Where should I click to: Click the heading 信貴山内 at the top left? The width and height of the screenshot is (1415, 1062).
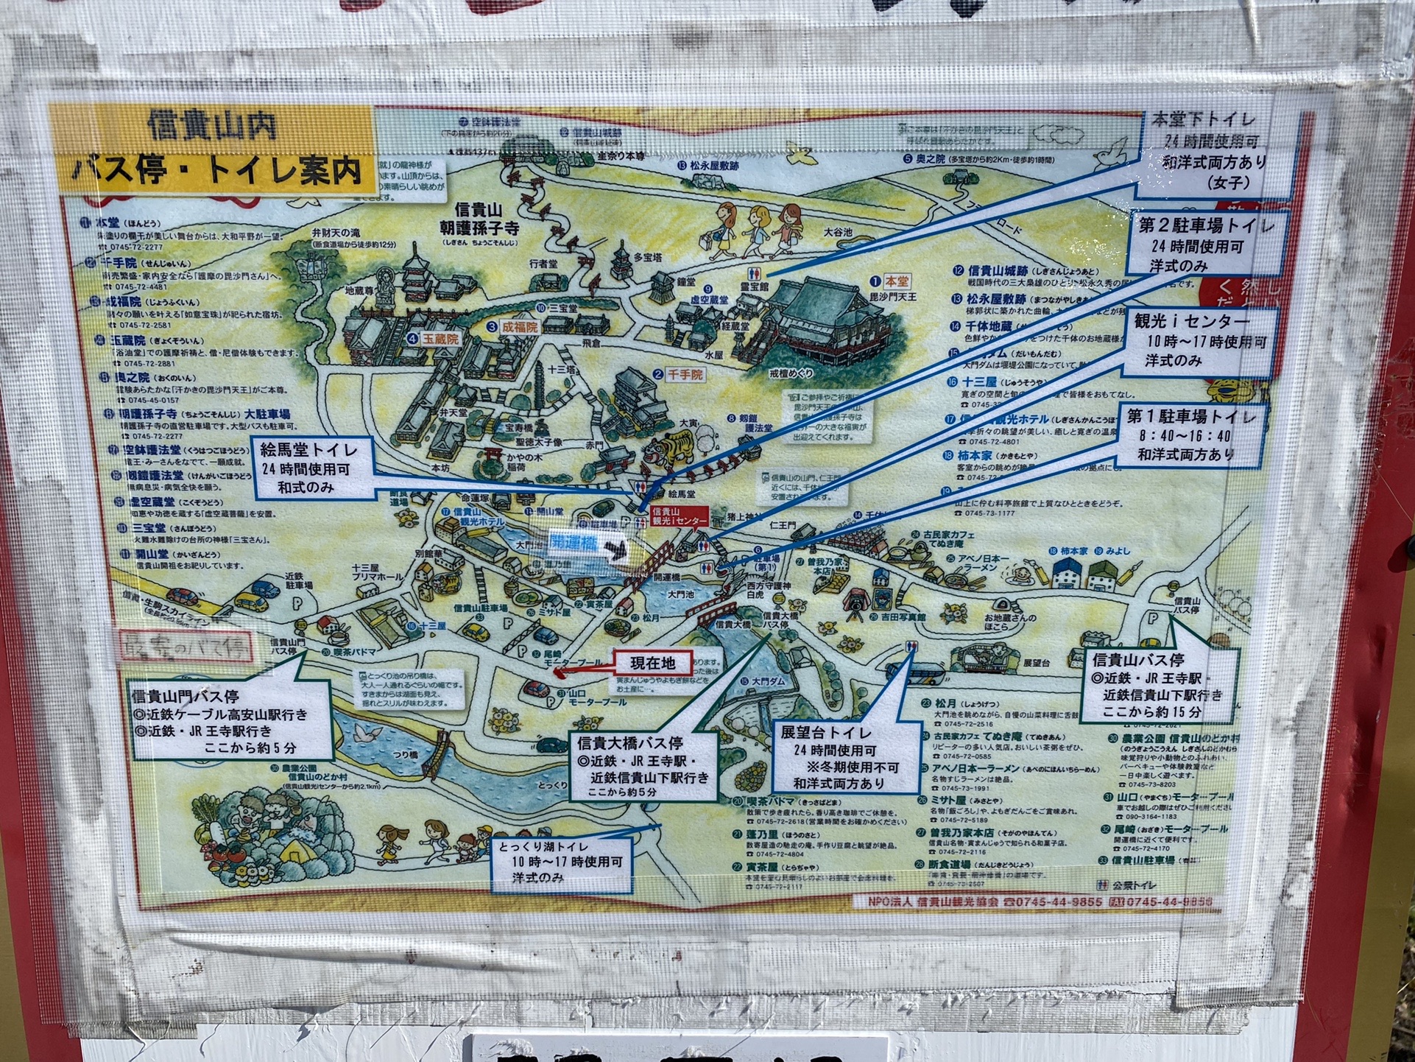click(212, 126)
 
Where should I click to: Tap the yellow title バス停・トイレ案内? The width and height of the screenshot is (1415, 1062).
click(218, 171)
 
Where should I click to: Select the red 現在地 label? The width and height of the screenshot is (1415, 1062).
click(652, 664)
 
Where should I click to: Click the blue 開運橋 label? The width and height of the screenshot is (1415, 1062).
click(574, 544)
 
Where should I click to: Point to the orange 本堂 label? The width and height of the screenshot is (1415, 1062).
click(896, 281)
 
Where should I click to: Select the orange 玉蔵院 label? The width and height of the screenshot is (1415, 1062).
click(440, 340)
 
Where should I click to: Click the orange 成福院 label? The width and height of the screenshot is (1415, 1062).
click(520, 326)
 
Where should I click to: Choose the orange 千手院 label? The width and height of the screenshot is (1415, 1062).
click(685, 375)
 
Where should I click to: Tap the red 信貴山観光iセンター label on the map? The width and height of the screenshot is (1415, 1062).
click(679, 516)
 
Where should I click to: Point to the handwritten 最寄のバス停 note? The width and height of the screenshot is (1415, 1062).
click(186, 647)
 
